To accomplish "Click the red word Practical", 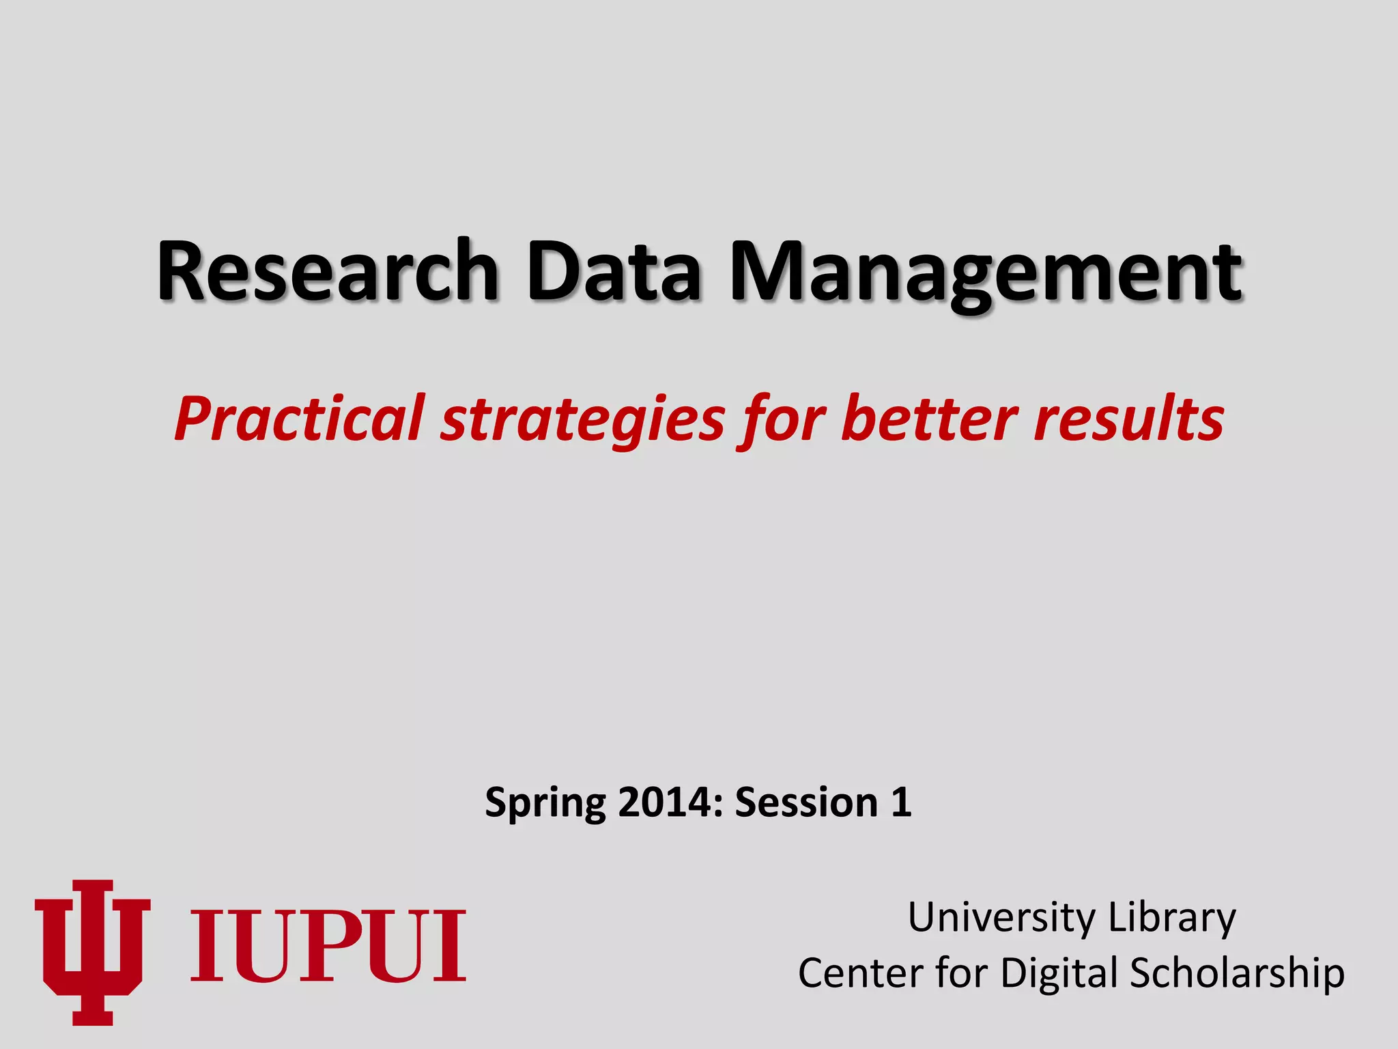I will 299,418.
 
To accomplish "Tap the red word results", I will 1128,418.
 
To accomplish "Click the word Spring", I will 545,803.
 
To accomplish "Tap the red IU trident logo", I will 92,952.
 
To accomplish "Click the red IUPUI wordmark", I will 328,947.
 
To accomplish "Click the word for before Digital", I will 961,973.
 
